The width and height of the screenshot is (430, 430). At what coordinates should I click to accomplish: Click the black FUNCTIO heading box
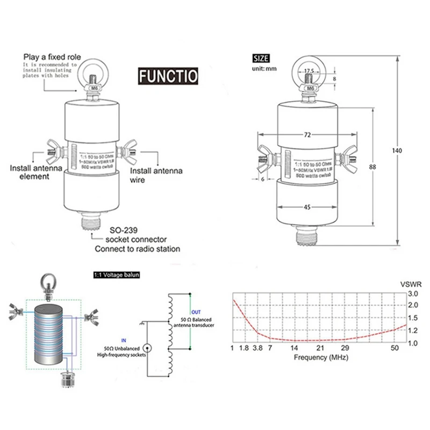pyautogui.click(x=167, y=75)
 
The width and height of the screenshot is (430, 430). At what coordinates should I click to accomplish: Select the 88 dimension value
pyautogui.click(x=372, y=167)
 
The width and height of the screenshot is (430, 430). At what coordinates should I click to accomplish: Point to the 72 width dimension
pyautogui.click(x=307, y=135)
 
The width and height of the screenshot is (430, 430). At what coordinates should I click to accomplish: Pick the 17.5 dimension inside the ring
pyautogui.click(x=308, y=70)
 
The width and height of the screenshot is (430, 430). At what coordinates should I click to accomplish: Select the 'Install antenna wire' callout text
pyautogui.click(x=156, y=175)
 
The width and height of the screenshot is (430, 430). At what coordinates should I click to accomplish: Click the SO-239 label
pyautogui.click(x=124, y=230)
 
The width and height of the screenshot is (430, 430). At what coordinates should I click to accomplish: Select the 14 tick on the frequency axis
pyautogui.click(x=295, y=349)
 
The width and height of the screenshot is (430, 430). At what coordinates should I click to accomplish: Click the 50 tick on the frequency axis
pyautogui.click(x=395, y=349)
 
